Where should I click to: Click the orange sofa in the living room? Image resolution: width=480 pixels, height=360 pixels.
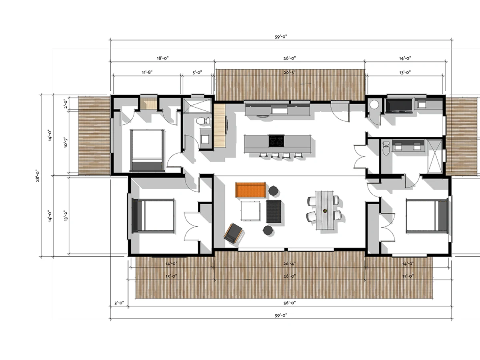point(251,190)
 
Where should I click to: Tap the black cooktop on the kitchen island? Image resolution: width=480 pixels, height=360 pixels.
point(276,141)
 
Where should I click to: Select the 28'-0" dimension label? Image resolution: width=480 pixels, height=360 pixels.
point(38,176)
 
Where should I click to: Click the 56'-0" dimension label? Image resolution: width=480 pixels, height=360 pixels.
point(290,303)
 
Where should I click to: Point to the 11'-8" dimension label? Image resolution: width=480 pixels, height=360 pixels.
point(147,72)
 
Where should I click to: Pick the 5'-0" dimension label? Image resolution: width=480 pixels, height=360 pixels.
point(197,72)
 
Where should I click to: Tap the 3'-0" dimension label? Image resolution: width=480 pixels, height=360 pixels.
point(119,303)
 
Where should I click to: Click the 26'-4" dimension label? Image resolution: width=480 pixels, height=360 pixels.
point(289,264)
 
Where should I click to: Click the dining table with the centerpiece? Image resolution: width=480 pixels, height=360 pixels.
point(324,210)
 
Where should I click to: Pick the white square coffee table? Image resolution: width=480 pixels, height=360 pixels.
point(251,211)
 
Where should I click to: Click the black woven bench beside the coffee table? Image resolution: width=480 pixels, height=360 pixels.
point(274,211)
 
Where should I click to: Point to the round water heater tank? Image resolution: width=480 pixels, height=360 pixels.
point(374,104)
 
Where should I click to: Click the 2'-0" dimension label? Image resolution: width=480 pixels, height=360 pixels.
point(65,103)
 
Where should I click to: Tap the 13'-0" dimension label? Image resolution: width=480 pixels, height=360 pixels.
point(405,72)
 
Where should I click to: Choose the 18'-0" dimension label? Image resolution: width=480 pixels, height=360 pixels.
point(163,58)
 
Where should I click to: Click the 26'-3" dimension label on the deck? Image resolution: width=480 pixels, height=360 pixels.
point(289,72)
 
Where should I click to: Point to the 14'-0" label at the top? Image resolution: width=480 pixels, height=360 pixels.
point(405,58)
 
